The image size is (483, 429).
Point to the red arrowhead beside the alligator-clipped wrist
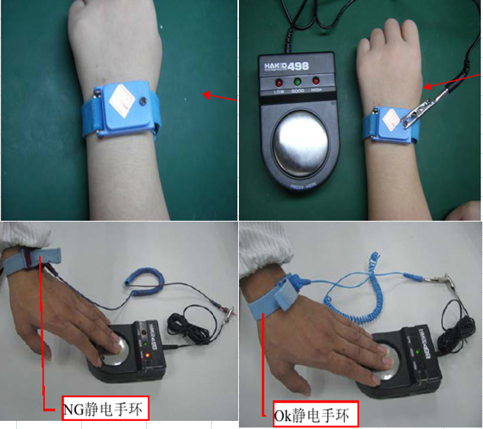(x=428, y=88)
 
